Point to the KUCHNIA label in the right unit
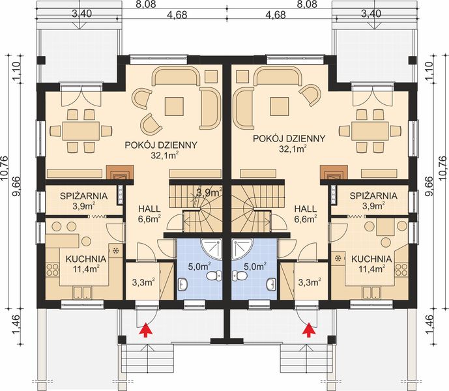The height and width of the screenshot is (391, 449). (371, 259)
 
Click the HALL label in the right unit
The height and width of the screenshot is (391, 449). (305, 209)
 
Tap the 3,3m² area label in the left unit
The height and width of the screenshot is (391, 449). (142, 282)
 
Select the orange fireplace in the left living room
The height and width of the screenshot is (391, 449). (117, 173)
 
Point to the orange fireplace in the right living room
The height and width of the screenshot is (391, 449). (332, 173)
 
